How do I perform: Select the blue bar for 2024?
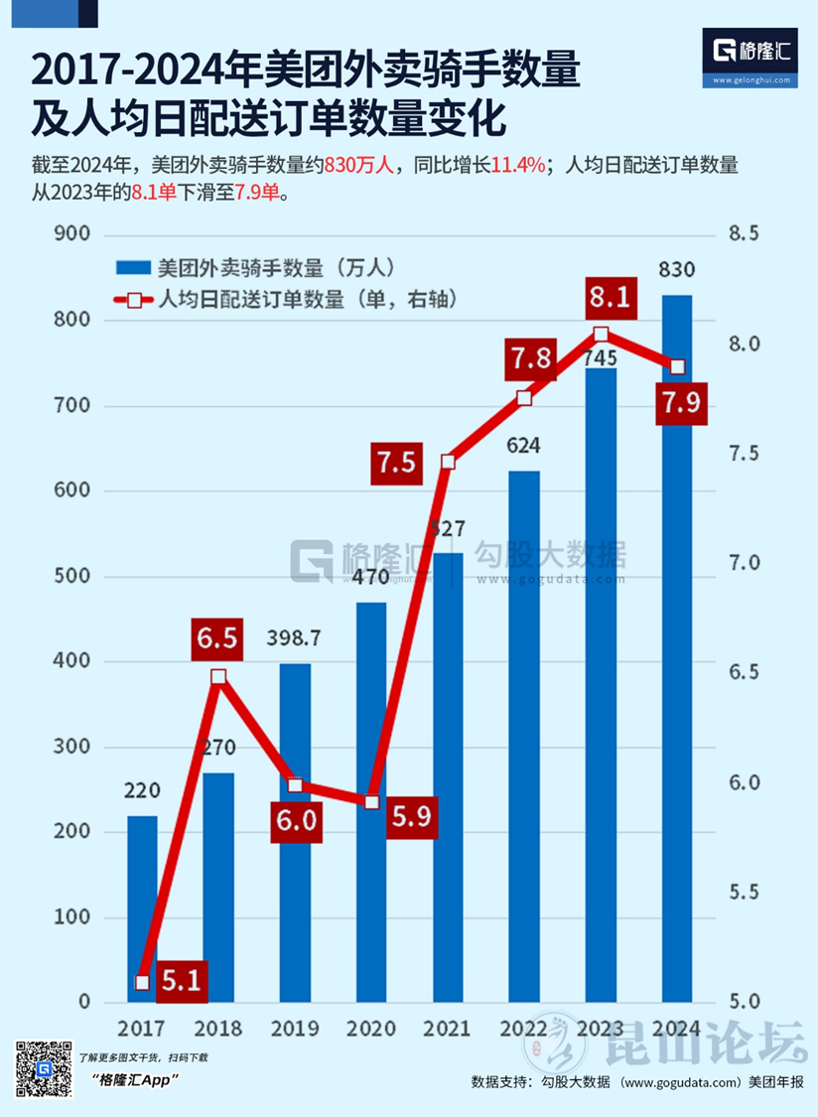677,695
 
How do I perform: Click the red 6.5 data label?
216,638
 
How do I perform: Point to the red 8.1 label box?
608,297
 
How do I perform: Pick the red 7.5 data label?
396,462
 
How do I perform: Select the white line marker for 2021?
448,462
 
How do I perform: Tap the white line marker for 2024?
677,366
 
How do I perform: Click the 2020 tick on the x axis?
371,1028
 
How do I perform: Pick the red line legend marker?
133,299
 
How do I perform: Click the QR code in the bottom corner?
43,1069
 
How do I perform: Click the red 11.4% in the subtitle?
519,166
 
